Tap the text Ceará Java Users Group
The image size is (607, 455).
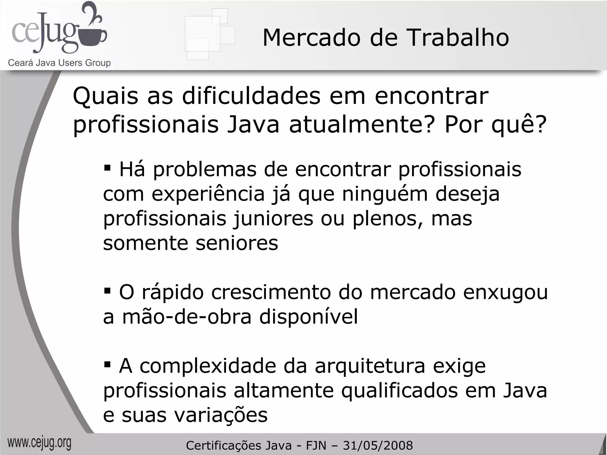(x=59, y=63)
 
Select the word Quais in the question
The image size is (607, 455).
(x=106, y=96)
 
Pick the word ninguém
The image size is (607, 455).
(x=385, y=194)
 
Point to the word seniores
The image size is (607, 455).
(x=237, y=243)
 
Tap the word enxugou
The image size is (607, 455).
(x=505, y=292)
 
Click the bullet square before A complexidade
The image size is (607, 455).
(x=107, y=363)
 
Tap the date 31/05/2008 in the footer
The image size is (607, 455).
(x=378, y=446)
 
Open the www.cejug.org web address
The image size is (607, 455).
(x=39, y=443)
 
